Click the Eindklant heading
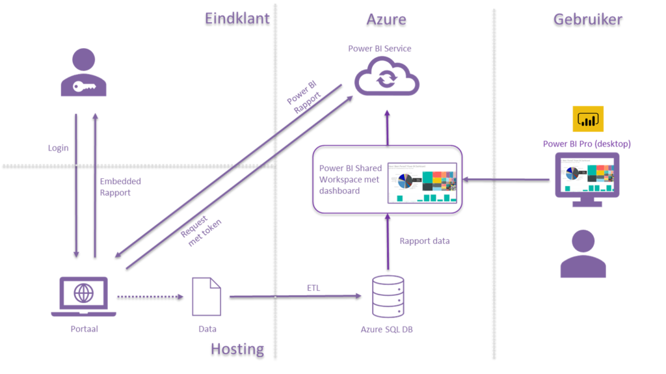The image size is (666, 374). pos(237,18)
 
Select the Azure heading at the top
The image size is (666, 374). pos(386,19)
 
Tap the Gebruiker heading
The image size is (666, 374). pos(587,19)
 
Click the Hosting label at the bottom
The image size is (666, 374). pos(237,349)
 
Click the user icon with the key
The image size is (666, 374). pos(84,73)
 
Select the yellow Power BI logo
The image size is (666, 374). pos(588,119)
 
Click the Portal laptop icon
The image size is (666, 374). pos(84,296)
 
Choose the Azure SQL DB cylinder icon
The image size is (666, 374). pos(387,297)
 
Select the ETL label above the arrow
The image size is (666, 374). pos(313,287)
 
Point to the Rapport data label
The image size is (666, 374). pos(424,241)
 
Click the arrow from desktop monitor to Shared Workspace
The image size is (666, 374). pos(508,180)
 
